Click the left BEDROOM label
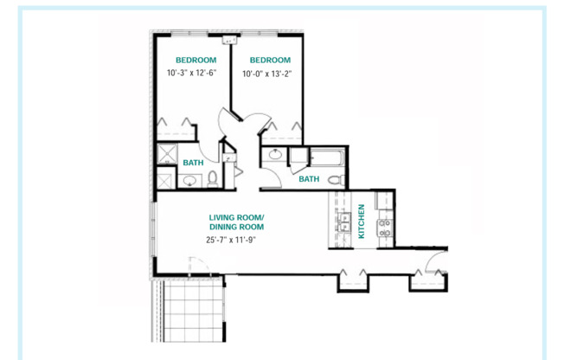195,60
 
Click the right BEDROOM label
269,60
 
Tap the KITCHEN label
362,221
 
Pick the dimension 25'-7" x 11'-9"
231,240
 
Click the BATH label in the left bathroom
192,163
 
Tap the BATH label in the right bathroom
309,179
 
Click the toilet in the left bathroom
212,180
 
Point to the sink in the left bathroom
189,181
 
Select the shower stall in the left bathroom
165,157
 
